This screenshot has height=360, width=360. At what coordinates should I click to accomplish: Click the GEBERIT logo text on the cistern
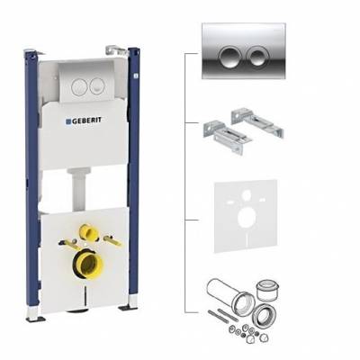click(84, 121)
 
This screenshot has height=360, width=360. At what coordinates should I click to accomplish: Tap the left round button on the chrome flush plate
click(229, 56)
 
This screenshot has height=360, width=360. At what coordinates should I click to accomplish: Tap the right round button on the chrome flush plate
click(256, 56)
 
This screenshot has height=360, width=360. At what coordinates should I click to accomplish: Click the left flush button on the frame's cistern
click(80, 85)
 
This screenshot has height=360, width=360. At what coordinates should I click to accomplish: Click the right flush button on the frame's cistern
click(97, 85)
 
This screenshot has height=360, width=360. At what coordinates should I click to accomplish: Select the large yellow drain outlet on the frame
click(88, 265)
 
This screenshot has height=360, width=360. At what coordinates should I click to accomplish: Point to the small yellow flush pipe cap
click(88, 232)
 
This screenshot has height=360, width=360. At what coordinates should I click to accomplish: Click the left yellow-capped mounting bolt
click(68, 244)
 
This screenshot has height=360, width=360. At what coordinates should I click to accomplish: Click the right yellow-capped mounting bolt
click(112, 240)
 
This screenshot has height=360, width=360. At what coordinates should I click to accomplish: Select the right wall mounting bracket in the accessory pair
click(257, 123)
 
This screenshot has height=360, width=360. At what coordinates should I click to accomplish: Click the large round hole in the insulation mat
click(246, 218)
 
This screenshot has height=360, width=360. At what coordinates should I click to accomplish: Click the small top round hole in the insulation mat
click(247, 194)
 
